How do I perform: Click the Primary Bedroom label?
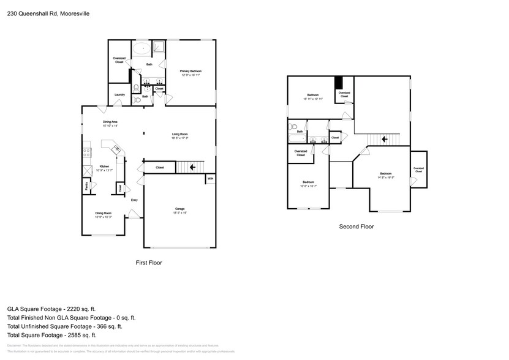[190, 72]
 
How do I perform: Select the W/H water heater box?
[210, 179]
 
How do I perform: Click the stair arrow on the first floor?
[193, 167]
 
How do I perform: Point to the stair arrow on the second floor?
[383, 139]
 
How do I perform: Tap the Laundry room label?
[119, 94]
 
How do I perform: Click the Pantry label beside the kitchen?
[87, 186]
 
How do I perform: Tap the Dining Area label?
[110, 122]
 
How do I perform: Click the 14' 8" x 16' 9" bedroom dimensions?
[385, 177]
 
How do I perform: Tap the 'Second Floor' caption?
[356, 227]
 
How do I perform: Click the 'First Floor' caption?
[148, 262]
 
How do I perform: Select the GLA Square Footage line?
[51, 309]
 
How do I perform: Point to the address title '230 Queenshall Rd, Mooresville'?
[48, 12]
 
